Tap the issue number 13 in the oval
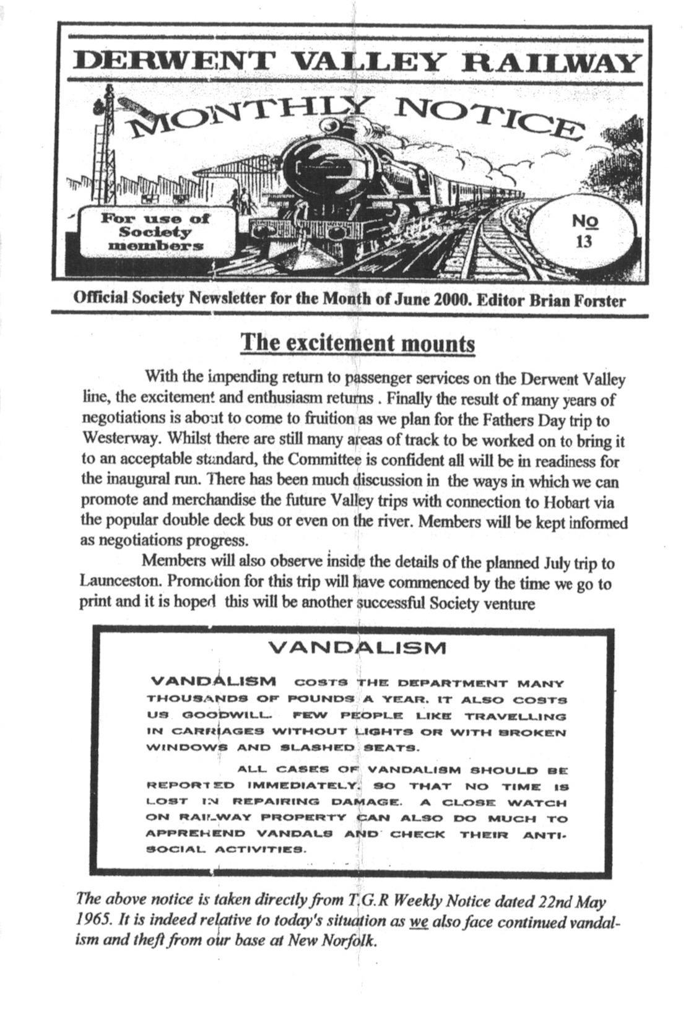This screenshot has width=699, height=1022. point(583,241)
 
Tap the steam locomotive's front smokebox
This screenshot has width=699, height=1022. point(328,167)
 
